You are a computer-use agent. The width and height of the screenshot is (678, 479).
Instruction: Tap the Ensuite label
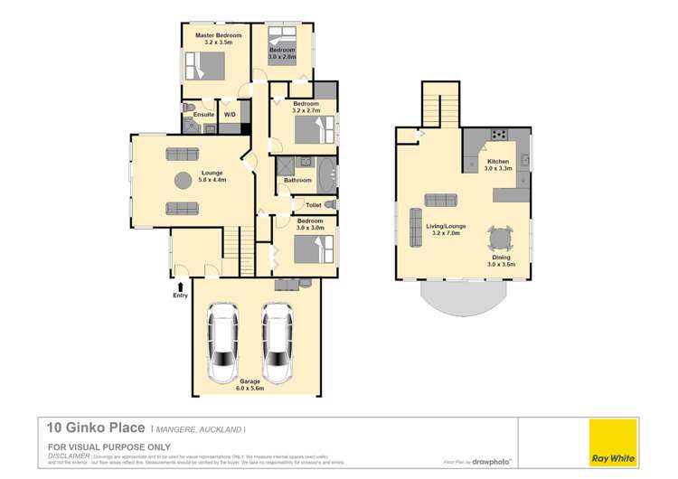coord(204,115)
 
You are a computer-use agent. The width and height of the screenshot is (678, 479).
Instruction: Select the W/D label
coord(230,115)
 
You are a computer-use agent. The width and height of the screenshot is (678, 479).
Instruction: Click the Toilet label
coord(314,205)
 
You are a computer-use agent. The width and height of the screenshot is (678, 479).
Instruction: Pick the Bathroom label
coord(297,180)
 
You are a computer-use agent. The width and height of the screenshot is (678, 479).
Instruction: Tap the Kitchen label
coord(498,164)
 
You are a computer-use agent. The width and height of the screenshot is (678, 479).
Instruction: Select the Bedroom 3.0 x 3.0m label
coord(310,224)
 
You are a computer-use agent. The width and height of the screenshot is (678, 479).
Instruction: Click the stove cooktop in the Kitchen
coord(497,136)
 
